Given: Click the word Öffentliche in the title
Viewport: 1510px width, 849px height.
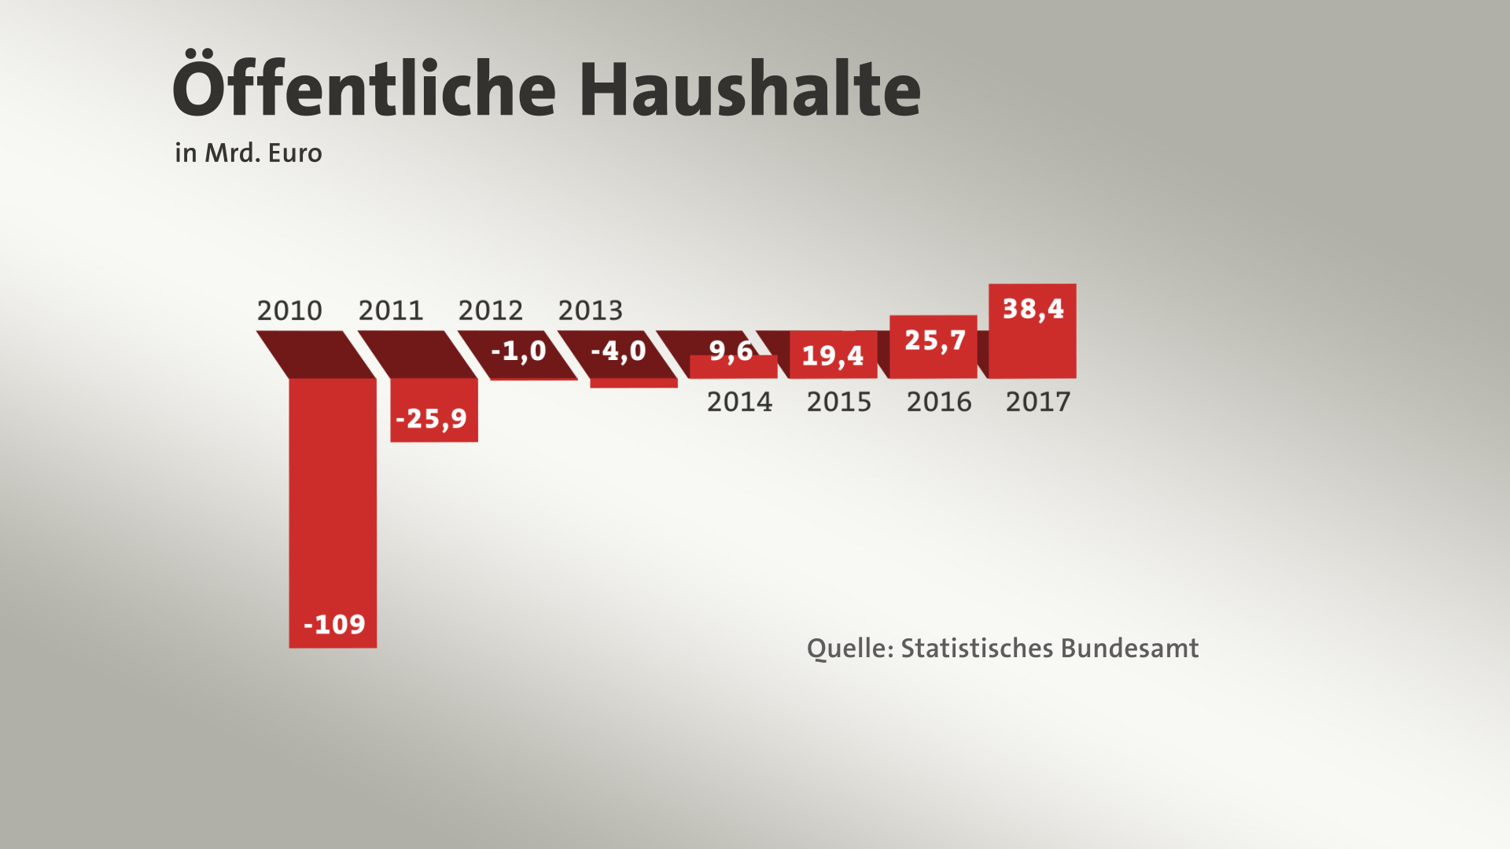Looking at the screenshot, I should tap(363, 88).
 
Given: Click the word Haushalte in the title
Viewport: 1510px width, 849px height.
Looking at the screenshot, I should tap(749, 88).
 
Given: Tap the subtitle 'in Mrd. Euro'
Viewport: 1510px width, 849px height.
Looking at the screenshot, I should tap(249, 153).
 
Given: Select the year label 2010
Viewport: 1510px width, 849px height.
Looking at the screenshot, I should tap(289, 311).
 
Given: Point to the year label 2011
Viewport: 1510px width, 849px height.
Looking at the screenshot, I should tap(391, 311).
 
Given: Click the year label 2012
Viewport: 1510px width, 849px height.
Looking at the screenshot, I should tap(491, 311).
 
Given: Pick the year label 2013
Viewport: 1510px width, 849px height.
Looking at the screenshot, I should tap(591, 311).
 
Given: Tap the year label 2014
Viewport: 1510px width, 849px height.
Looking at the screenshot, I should tap(739, 402).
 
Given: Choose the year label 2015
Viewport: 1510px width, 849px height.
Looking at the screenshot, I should tap(839, 402).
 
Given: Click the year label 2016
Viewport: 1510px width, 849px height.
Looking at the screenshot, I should tap(939, 402).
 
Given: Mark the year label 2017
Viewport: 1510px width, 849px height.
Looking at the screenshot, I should tap(1038, 402).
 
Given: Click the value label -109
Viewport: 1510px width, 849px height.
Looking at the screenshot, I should tap(334, 625).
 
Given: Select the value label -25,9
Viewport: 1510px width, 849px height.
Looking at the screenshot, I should tap(431, 419).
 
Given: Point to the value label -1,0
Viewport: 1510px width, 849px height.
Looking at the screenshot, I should tap(518, 351).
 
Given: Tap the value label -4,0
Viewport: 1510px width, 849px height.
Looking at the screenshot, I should tap(618, 351).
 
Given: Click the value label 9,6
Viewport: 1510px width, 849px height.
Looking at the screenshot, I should tap(731, 351).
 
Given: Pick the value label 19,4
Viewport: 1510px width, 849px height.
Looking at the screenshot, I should tap(833, 356).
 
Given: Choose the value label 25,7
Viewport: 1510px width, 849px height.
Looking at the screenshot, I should tap(934, 340).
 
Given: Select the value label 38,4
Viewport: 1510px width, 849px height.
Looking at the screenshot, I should tap(1033, 309).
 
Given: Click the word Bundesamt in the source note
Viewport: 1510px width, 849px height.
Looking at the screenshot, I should tap(1129, 649).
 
